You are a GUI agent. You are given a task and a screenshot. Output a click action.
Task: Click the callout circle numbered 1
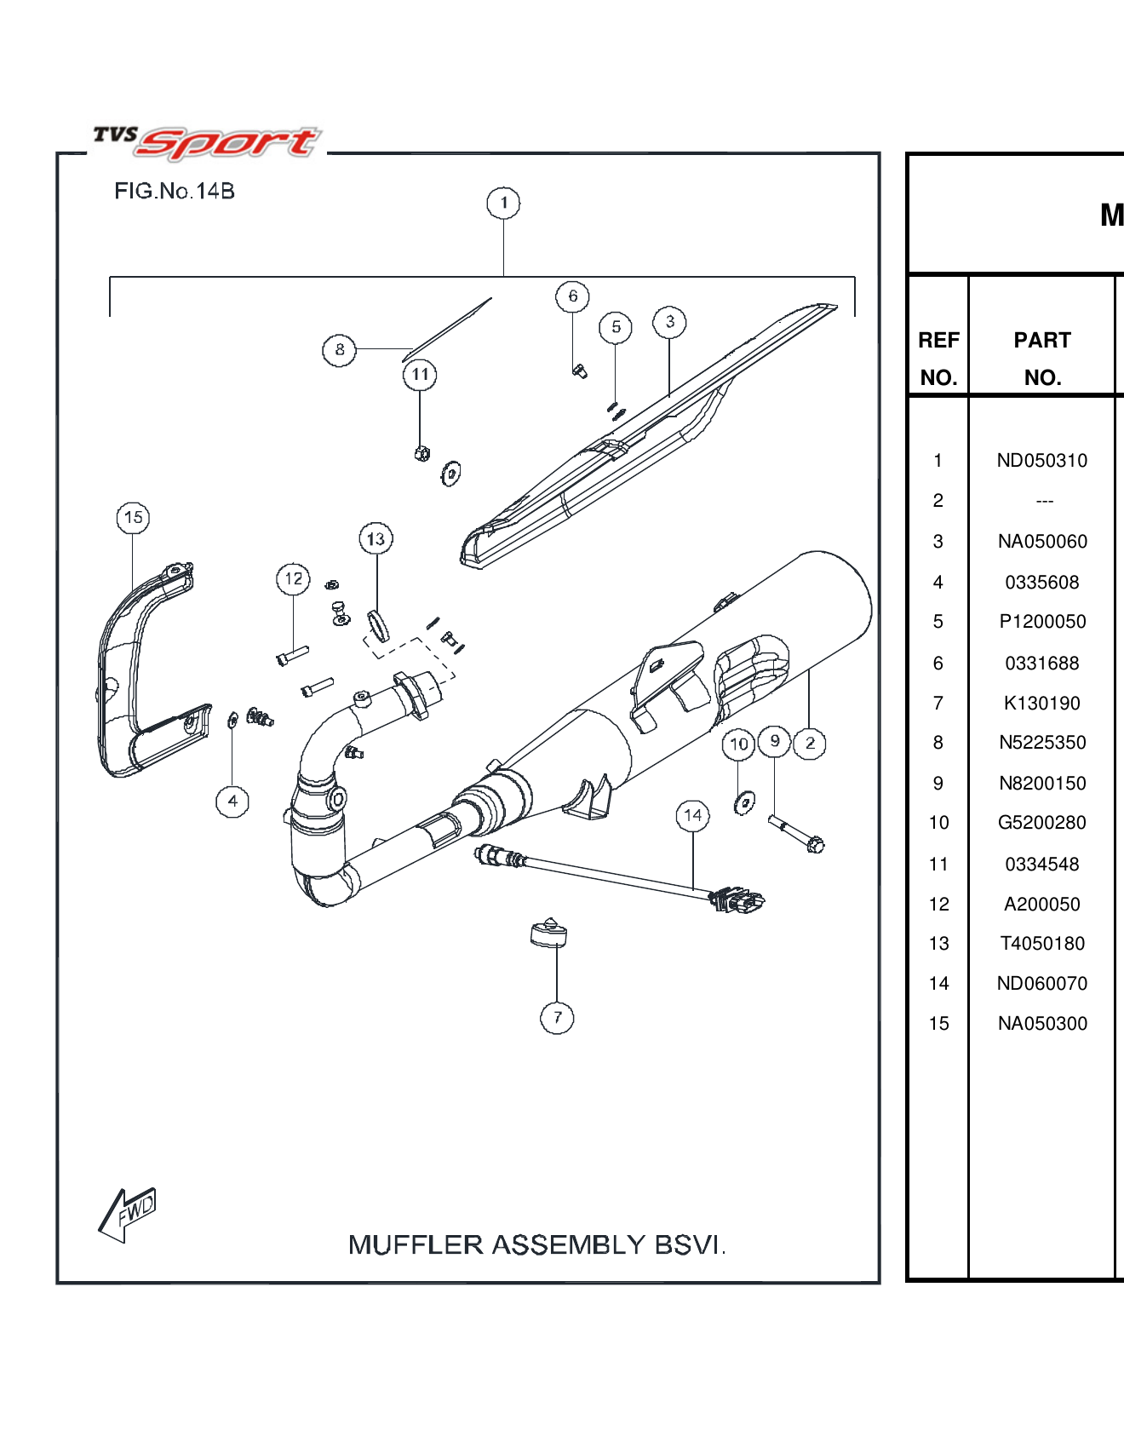coord(503,203)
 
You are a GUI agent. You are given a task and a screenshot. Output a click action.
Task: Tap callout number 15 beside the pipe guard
coord(133,517)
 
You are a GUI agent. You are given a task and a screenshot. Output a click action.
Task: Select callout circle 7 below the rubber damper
coord(557,1017)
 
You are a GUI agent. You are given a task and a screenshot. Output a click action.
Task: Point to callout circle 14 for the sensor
coord(693,816)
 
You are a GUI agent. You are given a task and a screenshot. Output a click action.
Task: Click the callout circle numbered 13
coord(376,539)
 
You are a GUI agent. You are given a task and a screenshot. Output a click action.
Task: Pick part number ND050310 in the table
coord(1041,461)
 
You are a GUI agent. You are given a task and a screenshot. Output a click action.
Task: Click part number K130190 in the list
coord(1041,704)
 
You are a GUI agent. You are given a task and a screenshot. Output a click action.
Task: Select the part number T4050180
coord(1041,944)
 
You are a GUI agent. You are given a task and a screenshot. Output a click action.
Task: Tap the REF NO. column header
coord(938,359)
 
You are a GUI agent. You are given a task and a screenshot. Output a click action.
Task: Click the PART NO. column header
coord(1041,359)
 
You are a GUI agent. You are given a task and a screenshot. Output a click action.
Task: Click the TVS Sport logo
coord(207,142)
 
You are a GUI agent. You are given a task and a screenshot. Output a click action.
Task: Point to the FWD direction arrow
coord(128,1214)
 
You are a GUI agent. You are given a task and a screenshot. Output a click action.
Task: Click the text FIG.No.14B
coord(175,191)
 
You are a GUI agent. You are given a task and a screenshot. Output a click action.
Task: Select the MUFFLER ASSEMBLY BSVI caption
coord(536,1245)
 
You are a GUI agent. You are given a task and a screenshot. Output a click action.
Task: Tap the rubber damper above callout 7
coord(548,934)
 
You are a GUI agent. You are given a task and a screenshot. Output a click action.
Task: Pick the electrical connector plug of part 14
coord(737,899)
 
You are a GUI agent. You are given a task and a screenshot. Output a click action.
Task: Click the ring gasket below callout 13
coord(378,625)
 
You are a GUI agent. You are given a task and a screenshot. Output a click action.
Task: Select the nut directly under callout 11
coord(421,453)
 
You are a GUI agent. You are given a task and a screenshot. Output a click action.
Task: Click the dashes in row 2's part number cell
coord(1044,502)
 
